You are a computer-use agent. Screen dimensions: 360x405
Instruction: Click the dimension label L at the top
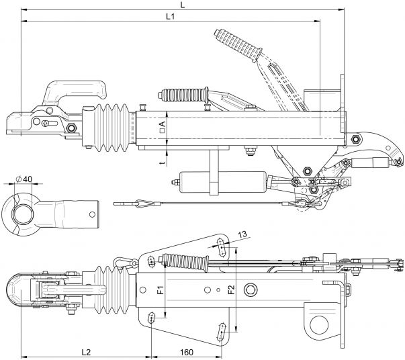183,5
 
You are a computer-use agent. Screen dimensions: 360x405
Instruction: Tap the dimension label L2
86,351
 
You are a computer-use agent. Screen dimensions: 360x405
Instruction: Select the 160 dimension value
187,351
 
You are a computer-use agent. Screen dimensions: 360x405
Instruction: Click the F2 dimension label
230,291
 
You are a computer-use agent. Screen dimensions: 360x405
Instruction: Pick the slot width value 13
242,234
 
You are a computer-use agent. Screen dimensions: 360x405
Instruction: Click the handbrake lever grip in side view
239,44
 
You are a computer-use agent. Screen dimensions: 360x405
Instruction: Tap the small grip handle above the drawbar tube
181,93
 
